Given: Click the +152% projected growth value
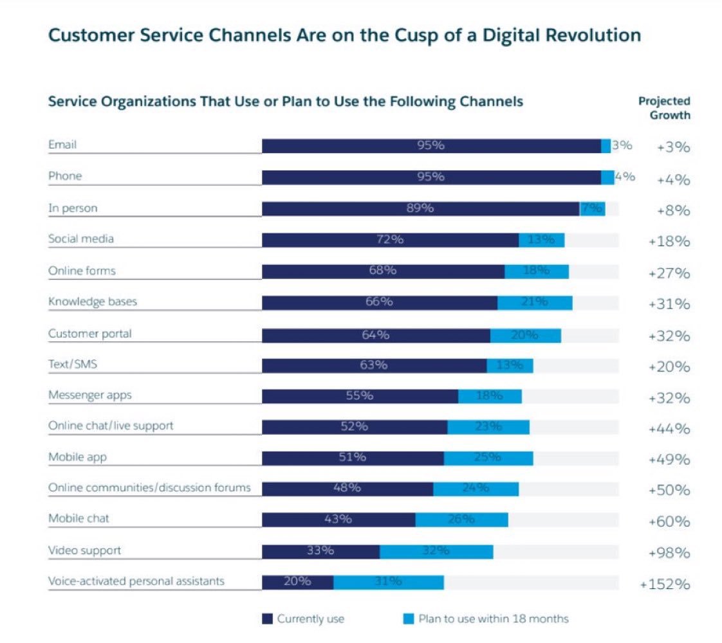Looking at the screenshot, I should coord(665,584).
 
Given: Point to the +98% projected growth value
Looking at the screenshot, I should coord(669,553).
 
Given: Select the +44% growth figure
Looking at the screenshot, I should coord(669,429).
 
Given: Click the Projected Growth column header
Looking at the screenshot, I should coord(665,108).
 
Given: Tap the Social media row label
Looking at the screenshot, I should coord(81,239).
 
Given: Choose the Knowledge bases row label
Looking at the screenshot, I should coord(93,302).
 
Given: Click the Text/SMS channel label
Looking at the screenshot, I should coord(73,365).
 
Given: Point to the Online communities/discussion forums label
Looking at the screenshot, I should coord(149,487).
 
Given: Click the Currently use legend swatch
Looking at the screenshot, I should coord(268,619).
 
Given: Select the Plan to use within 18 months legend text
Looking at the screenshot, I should coord(494,619).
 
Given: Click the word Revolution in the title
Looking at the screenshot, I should coord(589,35).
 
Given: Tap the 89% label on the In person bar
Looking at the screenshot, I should coord(421,208).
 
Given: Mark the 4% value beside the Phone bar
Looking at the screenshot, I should coord(625,177).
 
